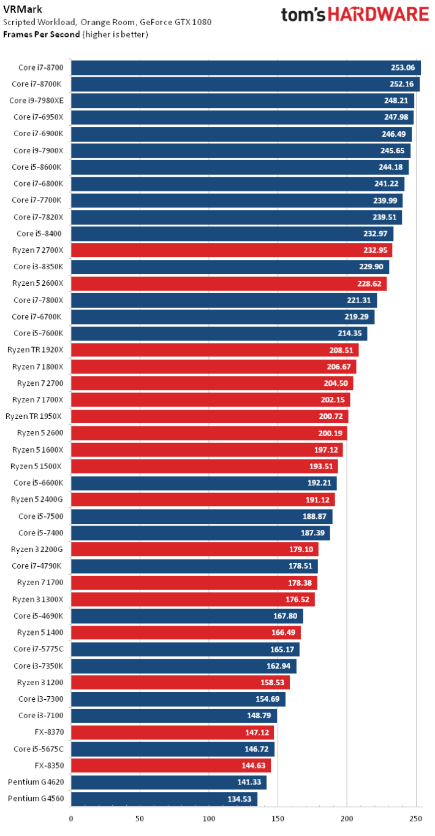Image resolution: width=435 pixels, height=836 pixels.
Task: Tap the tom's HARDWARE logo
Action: pos(355,15)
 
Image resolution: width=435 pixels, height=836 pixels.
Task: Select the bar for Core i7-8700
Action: pos(246,67)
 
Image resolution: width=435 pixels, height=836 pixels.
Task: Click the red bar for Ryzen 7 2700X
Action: pos(231,250)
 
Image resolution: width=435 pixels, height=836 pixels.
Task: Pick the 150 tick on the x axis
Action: pos(278,818)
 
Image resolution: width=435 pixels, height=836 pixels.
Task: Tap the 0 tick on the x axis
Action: pos(71,818)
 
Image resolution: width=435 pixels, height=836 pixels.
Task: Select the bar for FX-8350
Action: pos(170,765)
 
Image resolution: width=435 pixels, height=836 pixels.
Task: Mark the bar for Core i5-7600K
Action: pos(219,333)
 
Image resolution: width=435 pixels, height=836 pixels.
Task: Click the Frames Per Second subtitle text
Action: pos(42,34)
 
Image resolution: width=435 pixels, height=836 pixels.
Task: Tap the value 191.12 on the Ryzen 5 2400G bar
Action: pos(317,499)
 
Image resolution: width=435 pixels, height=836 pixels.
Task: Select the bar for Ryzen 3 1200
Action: pos(180,683)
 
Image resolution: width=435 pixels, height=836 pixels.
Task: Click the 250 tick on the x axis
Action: pos(415,818)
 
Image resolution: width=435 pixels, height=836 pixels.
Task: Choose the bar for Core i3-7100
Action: pos(173,716)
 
